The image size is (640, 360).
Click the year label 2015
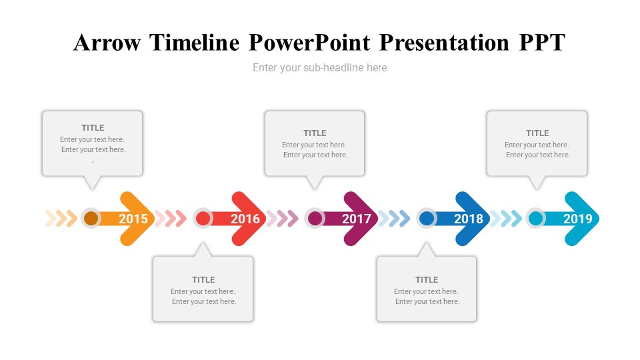[133, 219]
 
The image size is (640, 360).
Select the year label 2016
[245, 219]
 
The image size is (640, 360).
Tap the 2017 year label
[357, 219]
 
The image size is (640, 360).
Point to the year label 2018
[469, 219]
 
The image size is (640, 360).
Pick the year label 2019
[578, 219]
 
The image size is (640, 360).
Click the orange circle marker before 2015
[91, 219]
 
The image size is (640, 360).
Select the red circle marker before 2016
[203, 219]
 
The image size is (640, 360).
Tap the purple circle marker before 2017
[315, 219]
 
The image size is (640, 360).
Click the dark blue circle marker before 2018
[427, 219]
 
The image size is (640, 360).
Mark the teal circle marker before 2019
[535, 219]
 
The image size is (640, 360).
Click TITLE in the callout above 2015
[93, 128]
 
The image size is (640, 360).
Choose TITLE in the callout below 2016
[204, 279]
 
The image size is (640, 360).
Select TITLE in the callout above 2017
[315, 133]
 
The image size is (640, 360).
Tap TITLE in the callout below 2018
[427, 279]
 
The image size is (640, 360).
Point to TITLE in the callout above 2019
[537, 133]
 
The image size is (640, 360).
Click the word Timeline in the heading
[194, 43]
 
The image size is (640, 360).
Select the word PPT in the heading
[543, 43]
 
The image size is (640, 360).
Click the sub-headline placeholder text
[319, 68]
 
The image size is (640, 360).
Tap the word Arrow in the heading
[107, 43]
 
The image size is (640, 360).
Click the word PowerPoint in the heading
[310, 43]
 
